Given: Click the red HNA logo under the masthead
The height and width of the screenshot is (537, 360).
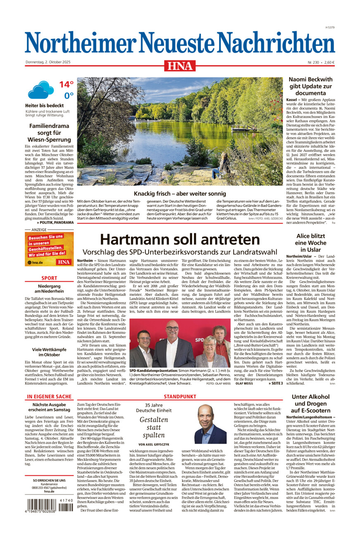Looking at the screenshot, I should coord(179,65).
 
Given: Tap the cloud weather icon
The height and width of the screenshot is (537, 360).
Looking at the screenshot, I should coord(41,90).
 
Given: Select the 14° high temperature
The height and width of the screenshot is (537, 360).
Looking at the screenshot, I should coord(66,85).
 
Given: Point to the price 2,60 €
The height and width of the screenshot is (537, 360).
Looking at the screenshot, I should coord(329,62).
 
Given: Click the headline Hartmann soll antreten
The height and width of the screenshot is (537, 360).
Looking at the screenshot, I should coord(180,240).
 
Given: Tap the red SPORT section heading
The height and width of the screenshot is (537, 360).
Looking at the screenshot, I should coord(49,278).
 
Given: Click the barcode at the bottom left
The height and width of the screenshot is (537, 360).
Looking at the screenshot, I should coord(50,505).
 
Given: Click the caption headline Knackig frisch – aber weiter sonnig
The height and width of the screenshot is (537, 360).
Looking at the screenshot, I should coord(180,193).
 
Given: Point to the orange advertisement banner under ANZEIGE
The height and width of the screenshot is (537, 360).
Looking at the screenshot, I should coord(49,249).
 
